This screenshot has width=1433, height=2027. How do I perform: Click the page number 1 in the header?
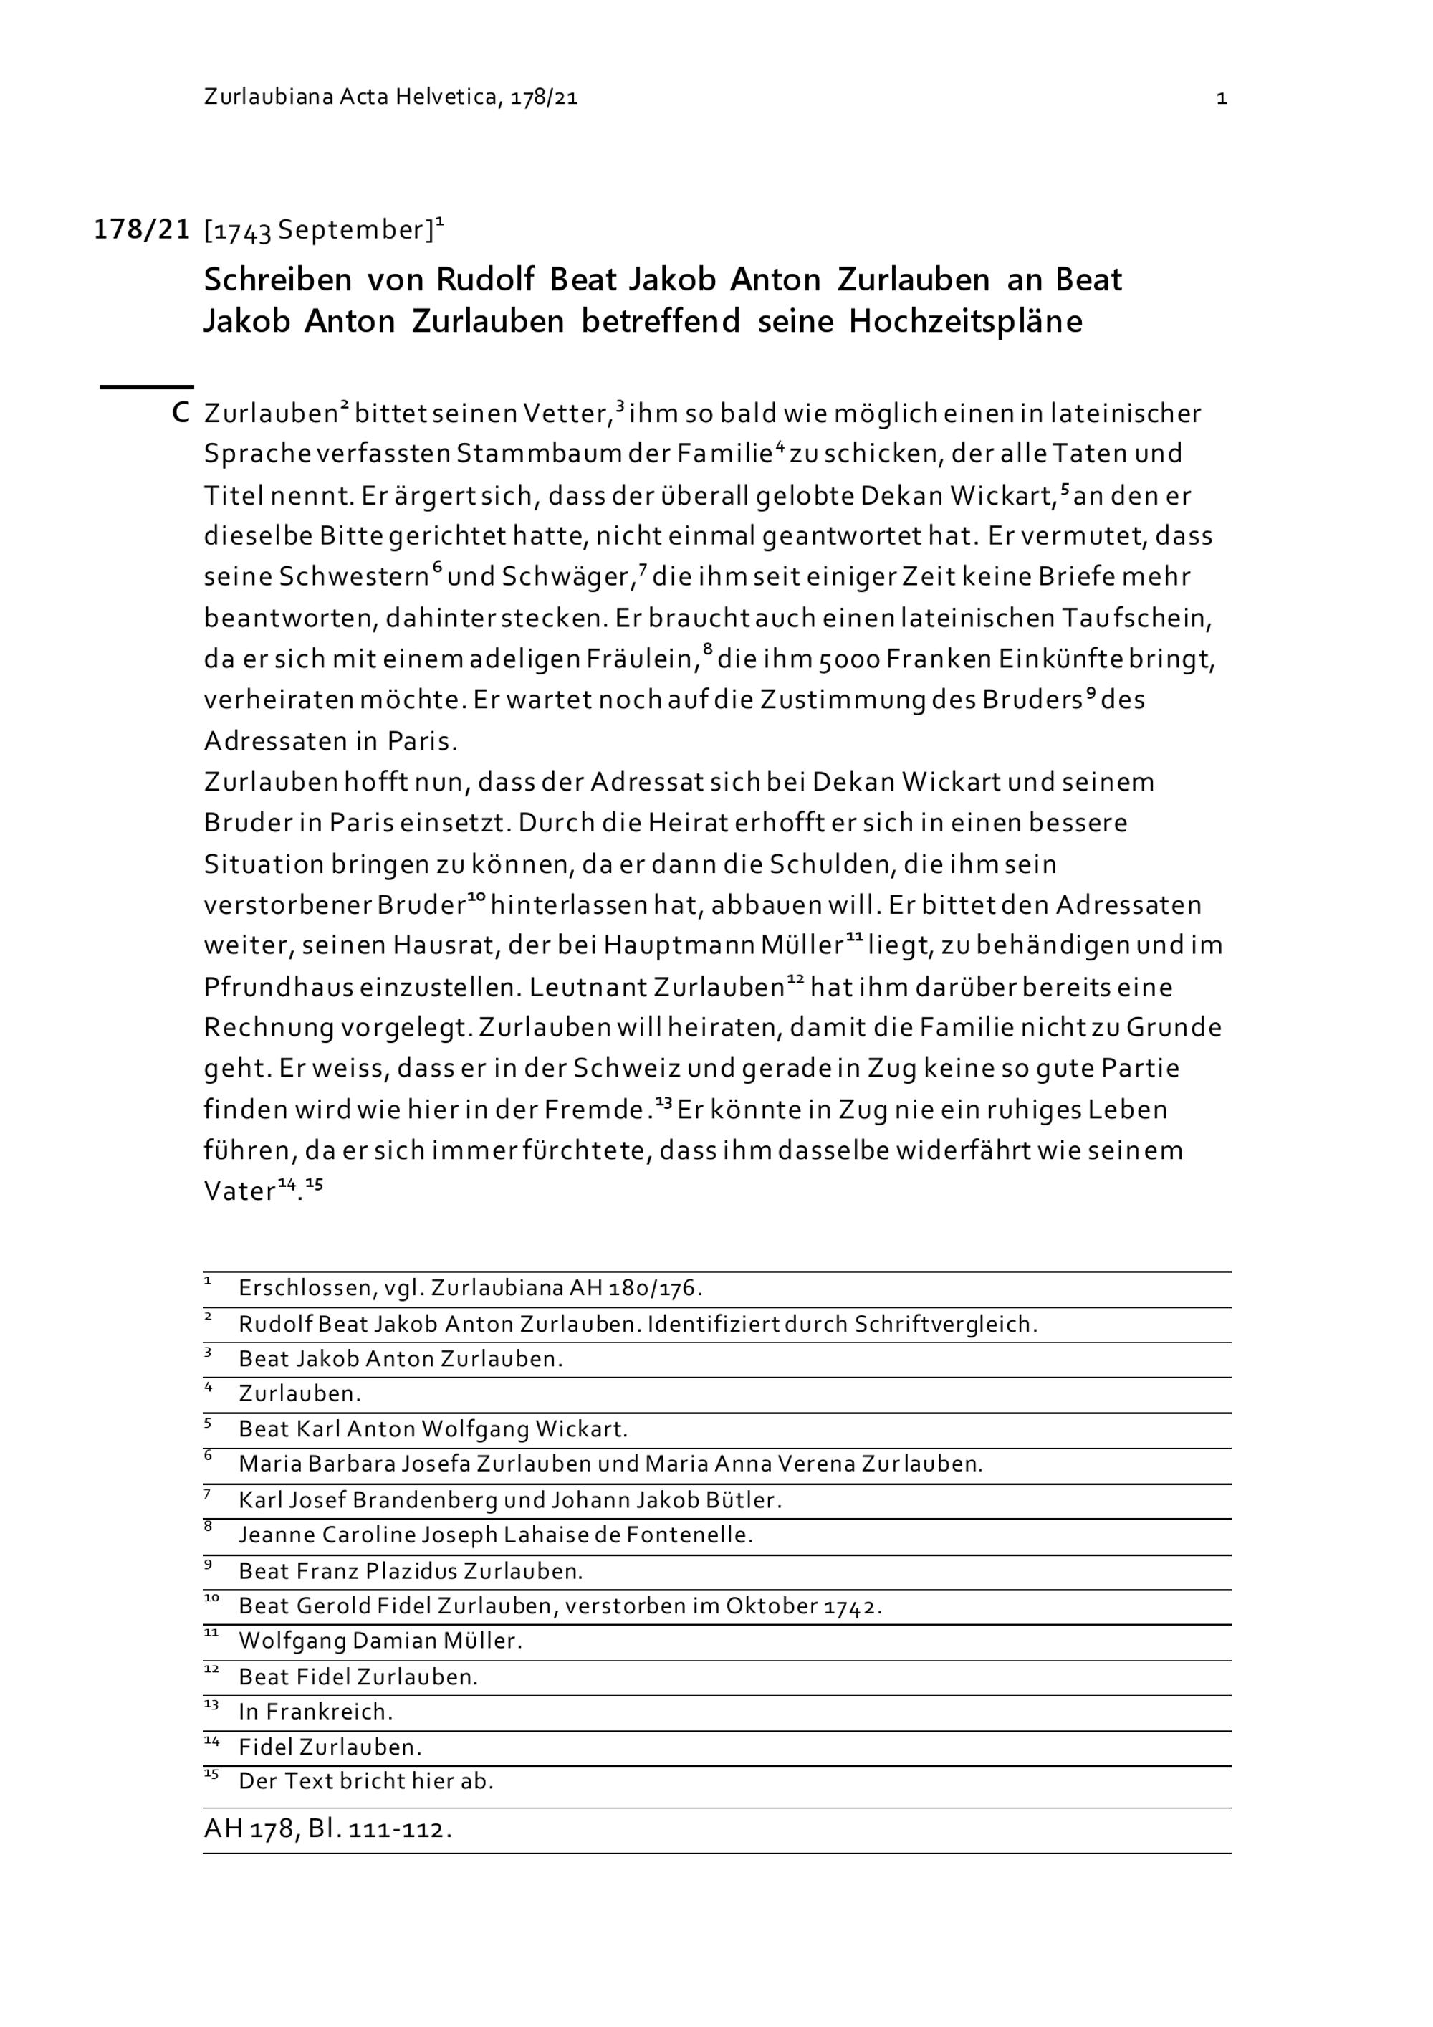(x=1221, y=98)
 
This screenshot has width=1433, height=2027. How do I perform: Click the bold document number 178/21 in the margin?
(x=142, y=229)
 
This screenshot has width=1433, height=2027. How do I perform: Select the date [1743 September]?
(x=319, y=230)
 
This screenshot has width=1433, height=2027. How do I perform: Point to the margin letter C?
(x=180, y=412)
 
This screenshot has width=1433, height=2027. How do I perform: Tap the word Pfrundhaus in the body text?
(x=279, y=987)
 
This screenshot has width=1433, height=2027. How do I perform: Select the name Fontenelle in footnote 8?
(x=689, y=1535)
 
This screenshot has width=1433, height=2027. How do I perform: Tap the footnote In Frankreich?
(x=315, y=1712)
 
